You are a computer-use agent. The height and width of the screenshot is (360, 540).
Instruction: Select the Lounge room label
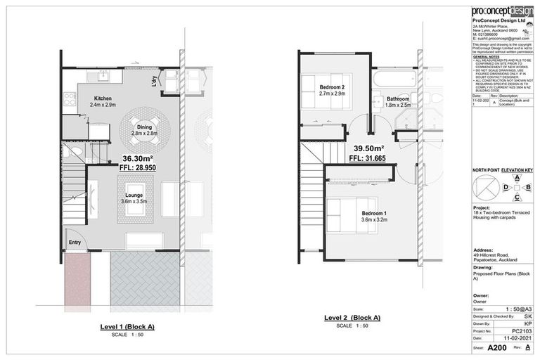pos(134,195)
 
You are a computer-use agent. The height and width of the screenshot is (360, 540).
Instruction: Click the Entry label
pos(75,243)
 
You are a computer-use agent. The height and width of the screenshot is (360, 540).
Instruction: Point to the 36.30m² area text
pos(138,159)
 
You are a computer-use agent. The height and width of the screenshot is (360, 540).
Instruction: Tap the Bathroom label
pos(398,100)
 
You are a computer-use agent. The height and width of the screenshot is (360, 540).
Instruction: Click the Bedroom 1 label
pos(374,213)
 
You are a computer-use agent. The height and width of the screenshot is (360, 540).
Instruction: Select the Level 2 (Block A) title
pos(352,318)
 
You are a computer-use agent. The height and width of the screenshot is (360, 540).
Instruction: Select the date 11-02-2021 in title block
pos(516,337)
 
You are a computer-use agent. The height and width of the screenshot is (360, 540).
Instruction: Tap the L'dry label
pos(153,82)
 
